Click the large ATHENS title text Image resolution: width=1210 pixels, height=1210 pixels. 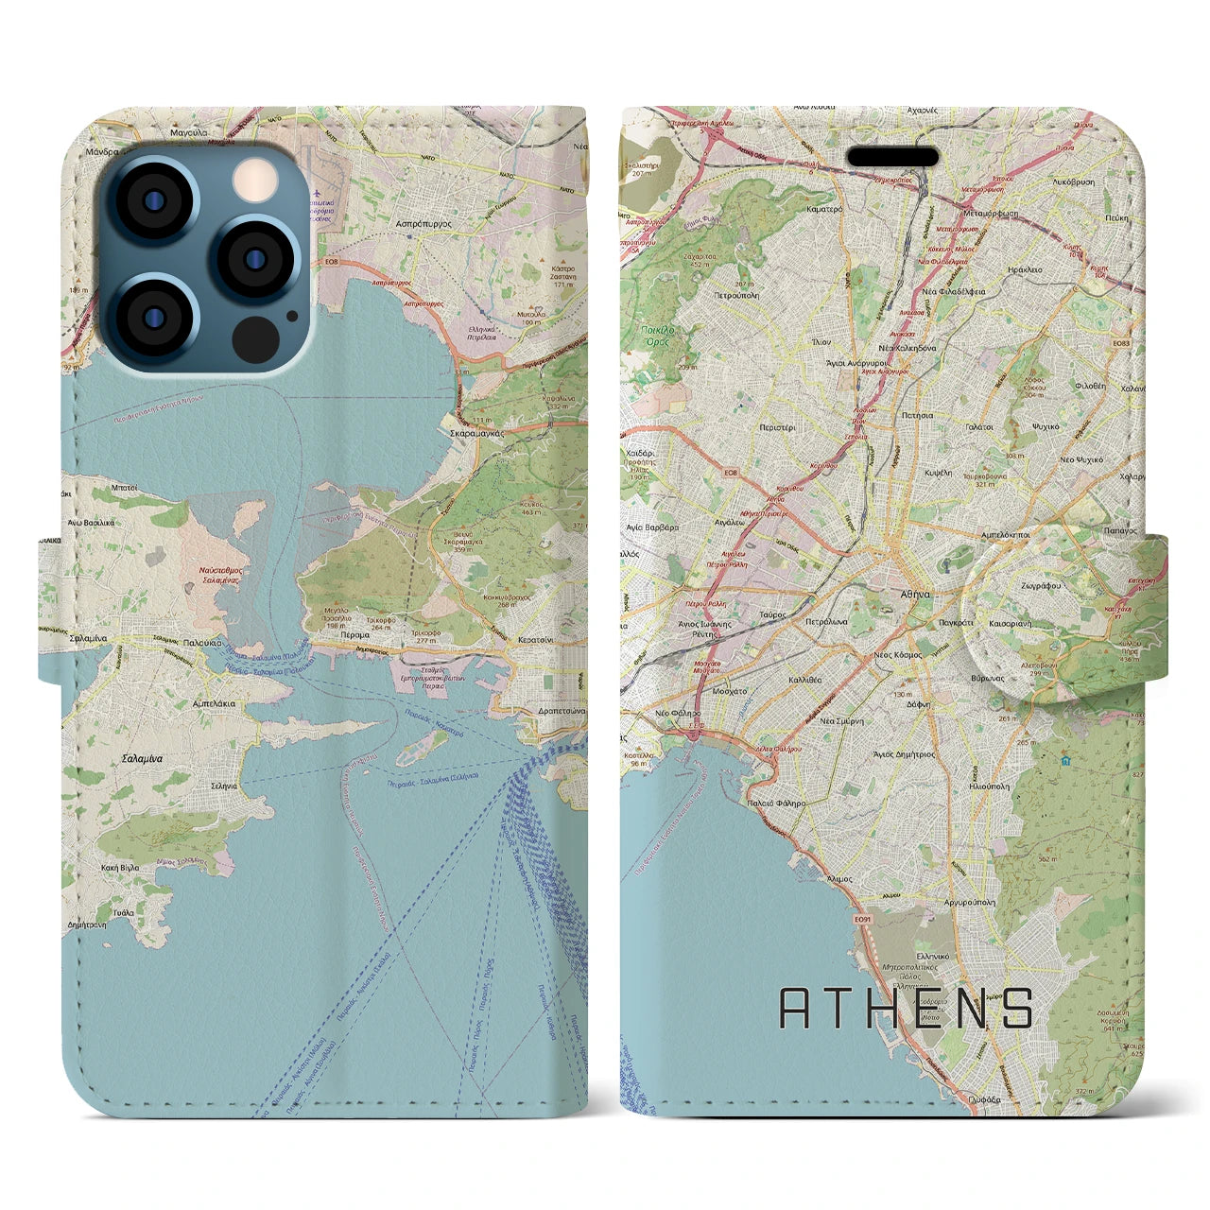coord(906,1008)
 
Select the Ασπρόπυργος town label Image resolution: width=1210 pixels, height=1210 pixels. coord(423,226)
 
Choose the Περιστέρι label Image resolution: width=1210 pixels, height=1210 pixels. coord(777,427)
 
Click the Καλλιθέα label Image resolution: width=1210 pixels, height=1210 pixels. coord(804,680)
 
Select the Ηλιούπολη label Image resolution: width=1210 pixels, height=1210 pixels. coord(989,786)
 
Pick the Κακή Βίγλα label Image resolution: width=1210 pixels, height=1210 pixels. coord(117,867)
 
